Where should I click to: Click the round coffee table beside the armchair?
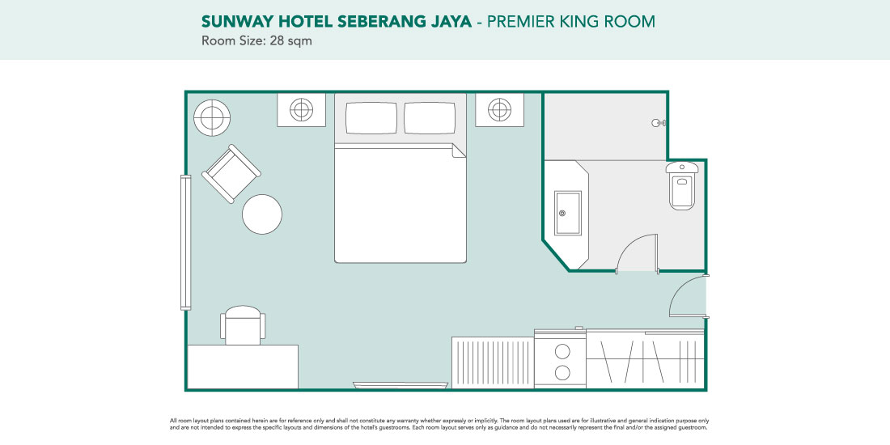click(x=262, y=214)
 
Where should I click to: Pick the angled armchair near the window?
click(x=231, y=174)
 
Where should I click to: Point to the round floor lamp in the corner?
click(x=212, y=118)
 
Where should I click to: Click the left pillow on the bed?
click(x=371, y=118)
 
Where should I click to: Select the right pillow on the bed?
click(x=430, y=118)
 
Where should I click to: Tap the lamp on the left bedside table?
click(x=302, y=109)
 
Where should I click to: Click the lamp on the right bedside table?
click(x=499, y=109)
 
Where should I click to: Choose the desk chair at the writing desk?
click(x=243, y=325)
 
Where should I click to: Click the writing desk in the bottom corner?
click(x=243, y=367)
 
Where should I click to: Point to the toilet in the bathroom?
click(x=682, y=185)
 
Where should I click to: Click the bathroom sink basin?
click(x=568, y=213)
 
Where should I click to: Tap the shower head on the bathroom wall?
click(x=659, y=123)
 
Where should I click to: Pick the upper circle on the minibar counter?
click(x=562, y=351)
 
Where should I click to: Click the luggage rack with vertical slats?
click(x=493, y=362)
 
